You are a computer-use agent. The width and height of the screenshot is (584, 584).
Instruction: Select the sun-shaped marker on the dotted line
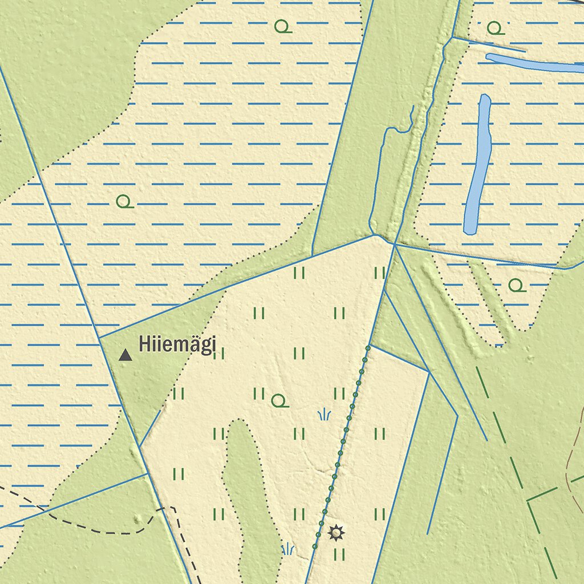(x=336, y=533)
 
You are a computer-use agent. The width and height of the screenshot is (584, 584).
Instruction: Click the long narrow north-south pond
(x=478, y=165)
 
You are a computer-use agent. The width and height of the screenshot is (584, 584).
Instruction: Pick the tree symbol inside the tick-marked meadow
(x=279, y=401)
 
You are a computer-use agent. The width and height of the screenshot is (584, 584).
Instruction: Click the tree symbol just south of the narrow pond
(x=517, y=285)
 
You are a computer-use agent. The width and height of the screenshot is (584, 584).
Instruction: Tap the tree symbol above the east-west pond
(x=495, y=27)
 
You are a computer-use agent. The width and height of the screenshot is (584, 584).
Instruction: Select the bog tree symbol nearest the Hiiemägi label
(x=124, y=201)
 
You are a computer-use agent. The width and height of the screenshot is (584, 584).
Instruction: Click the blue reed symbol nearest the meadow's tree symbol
(x=324, y=415)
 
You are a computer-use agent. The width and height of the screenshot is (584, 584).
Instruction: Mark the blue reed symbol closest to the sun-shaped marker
(x=288, y=549)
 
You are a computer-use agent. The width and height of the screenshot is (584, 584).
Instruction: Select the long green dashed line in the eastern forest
(x=502, y=433)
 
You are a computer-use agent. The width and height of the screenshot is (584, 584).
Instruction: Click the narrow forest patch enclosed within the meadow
(x=245, y=485)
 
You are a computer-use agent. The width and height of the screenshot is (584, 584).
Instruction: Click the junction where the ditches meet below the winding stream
(x=394, y=244)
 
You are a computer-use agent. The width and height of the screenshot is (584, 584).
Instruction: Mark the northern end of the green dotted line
(x=368, y=347)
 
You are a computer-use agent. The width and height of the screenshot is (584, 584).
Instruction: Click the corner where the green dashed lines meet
(x=528, y=501)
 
